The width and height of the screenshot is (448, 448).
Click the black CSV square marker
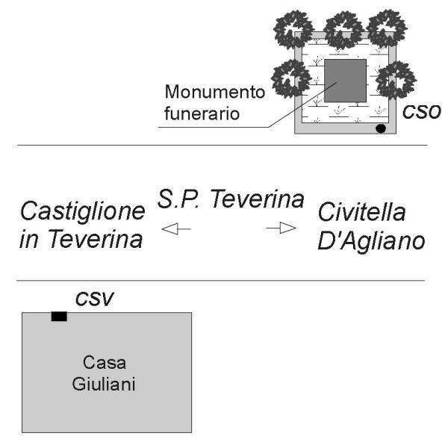coord(59,317)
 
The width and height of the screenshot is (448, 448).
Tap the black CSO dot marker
coord(381,128)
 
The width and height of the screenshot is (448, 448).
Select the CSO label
coord(421,112)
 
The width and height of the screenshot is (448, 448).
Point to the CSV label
coord(95,299)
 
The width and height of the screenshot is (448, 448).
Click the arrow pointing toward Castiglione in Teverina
coord(176,229)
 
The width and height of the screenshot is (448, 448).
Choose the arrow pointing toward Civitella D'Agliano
coord(281,228)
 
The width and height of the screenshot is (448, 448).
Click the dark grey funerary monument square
coord(345,81)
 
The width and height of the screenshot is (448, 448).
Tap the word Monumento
coord(215,92)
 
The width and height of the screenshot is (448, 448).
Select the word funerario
coord(202,113)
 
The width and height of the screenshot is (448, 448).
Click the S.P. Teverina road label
coord(230,199)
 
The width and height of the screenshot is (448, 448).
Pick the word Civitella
coord(361,212)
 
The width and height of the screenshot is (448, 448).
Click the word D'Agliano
coord(371,241)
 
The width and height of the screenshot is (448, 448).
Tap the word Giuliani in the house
coord(104,384)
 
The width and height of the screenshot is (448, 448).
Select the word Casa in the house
coord(105,363)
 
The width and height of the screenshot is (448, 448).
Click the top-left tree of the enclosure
coord(293,29)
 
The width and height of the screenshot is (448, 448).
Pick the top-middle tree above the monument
coord(343,31)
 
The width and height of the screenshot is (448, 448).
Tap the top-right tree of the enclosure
coord(386,28)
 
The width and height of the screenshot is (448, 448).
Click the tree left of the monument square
coord(291,78)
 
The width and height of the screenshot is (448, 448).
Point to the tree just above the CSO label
coord(396,81)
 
